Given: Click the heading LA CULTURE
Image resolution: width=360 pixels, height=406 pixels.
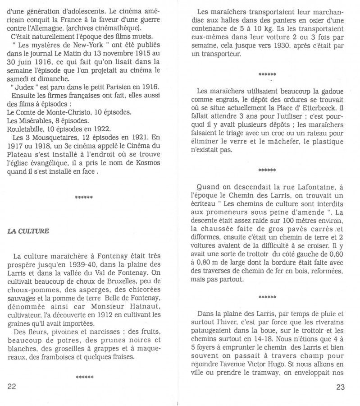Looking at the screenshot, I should point(28,231).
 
